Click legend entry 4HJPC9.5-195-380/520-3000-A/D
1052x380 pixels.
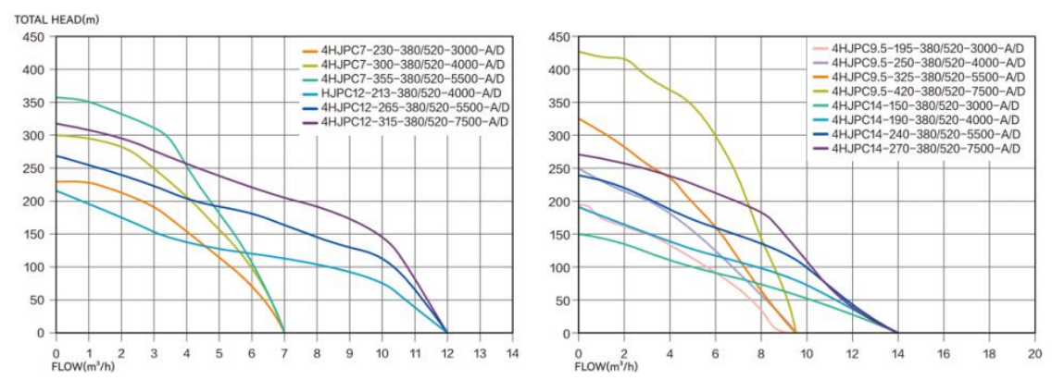pyautogui.click(x=927, y=47)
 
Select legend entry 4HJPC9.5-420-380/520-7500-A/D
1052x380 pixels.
pyautogui.click(x=927, y=91)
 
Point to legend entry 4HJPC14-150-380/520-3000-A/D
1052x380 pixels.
pyautogui.click(x=927, y=105)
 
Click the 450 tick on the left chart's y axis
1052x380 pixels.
pyautogui.click(x=33, y=37)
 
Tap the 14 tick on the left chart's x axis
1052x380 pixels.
pyautogui.click(x=512, y=352)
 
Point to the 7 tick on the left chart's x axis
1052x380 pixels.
pyautogui.click(x=283, y=352)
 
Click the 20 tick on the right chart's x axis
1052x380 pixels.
pyautogui.click(x=1033, y=352)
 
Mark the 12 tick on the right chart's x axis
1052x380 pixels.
pyautogui.click(x=851, y=352)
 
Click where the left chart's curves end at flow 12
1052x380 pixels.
pyautogui.click(x=446, y=332)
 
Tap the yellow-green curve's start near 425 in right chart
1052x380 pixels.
pyautogui.click(x=581, y=52)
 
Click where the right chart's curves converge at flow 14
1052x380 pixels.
pyautogui.click(x=896, y=332)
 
